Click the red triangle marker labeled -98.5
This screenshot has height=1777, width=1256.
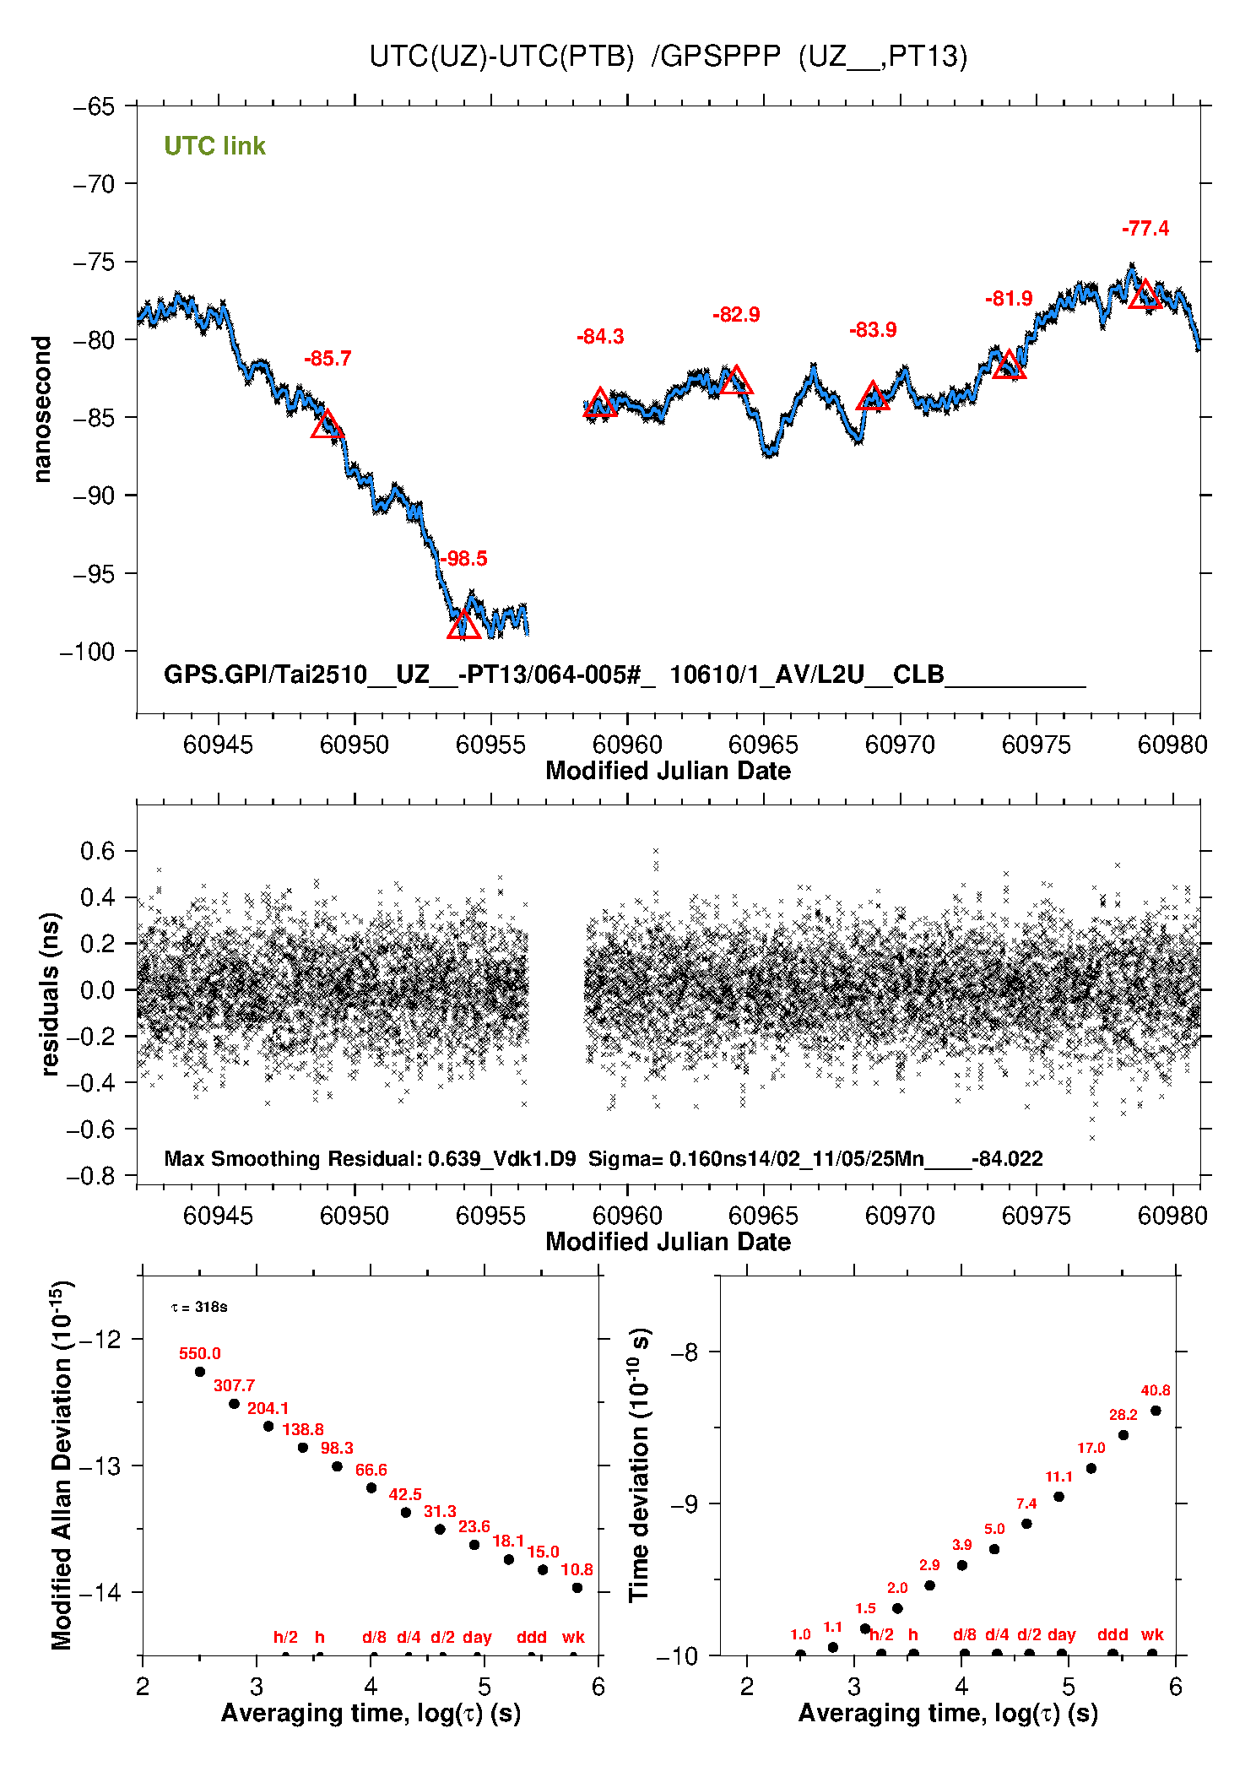[463, 626]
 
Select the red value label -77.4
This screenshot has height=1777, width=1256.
[1145, 229]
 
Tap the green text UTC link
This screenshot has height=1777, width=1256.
[214, 146]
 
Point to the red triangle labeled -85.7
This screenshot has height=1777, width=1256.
[328, 425]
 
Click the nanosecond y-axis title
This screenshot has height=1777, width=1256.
[42, 409]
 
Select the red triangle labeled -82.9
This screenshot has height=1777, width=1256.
[736, 381]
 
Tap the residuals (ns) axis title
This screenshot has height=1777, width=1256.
[51, 994]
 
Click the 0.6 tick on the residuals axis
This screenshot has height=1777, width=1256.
[97, 851]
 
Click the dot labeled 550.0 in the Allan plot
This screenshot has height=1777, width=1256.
[200, 1372]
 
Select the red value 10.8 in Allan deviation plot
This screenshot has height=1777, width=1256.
[577, 1569]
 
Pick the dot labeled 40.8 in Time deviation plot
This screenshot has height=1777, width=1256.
[1156, 1411]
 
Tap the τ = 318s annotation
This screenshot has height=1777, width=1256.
[199, 1308]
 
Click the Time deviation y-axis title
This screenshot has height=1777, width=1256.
[639, 1466]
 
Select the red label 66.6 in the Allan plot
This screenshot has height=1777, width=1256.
[371, 1470]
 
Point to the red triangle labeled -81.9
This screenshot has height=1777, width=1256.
[1009, 366]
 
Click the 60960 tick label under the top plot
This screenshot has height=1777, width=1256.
[627, 745]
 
